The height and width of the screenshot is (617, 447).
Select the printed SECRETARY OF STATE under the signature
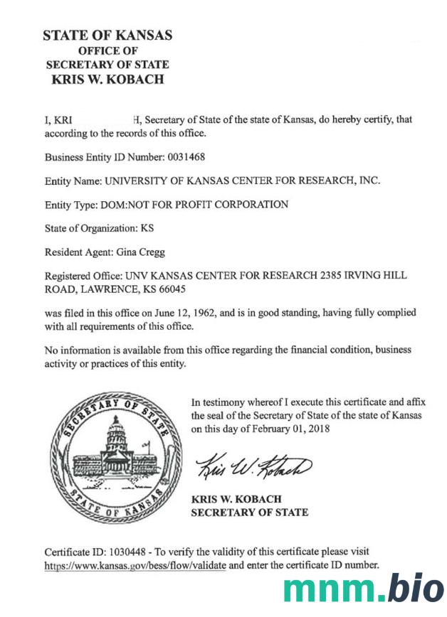coord(250,513)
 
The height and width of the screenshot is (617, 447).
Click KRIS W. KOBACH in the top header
coord(107,80)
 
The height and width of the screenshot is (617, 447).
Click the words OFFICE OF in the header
coord(107,50)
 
